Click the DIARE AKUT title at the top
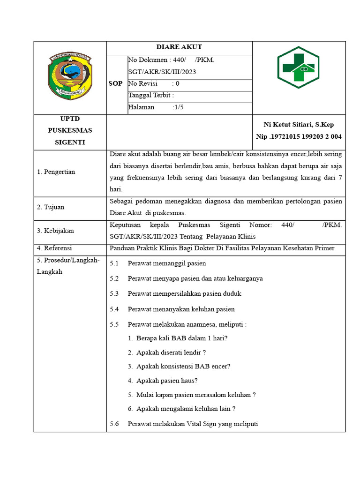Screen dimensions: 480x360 179,47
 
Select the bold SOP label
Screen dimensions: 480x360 116,84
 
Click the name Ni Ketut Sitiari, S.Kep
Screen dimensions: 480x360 299,125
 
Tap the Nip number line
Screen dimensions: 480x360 299,136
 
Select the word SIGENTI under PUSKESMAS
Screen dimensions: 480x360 70,142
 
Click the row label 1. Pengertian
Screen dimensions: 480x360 56,172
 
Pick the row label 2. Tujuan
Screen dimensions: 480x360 51,207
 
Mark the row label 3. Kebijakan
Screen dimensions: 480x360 55,231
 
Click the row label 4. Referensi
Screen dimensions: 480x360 54,248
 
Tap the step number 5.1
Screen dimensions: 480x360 114,263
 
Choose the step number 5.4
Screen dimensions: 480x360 114,309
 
